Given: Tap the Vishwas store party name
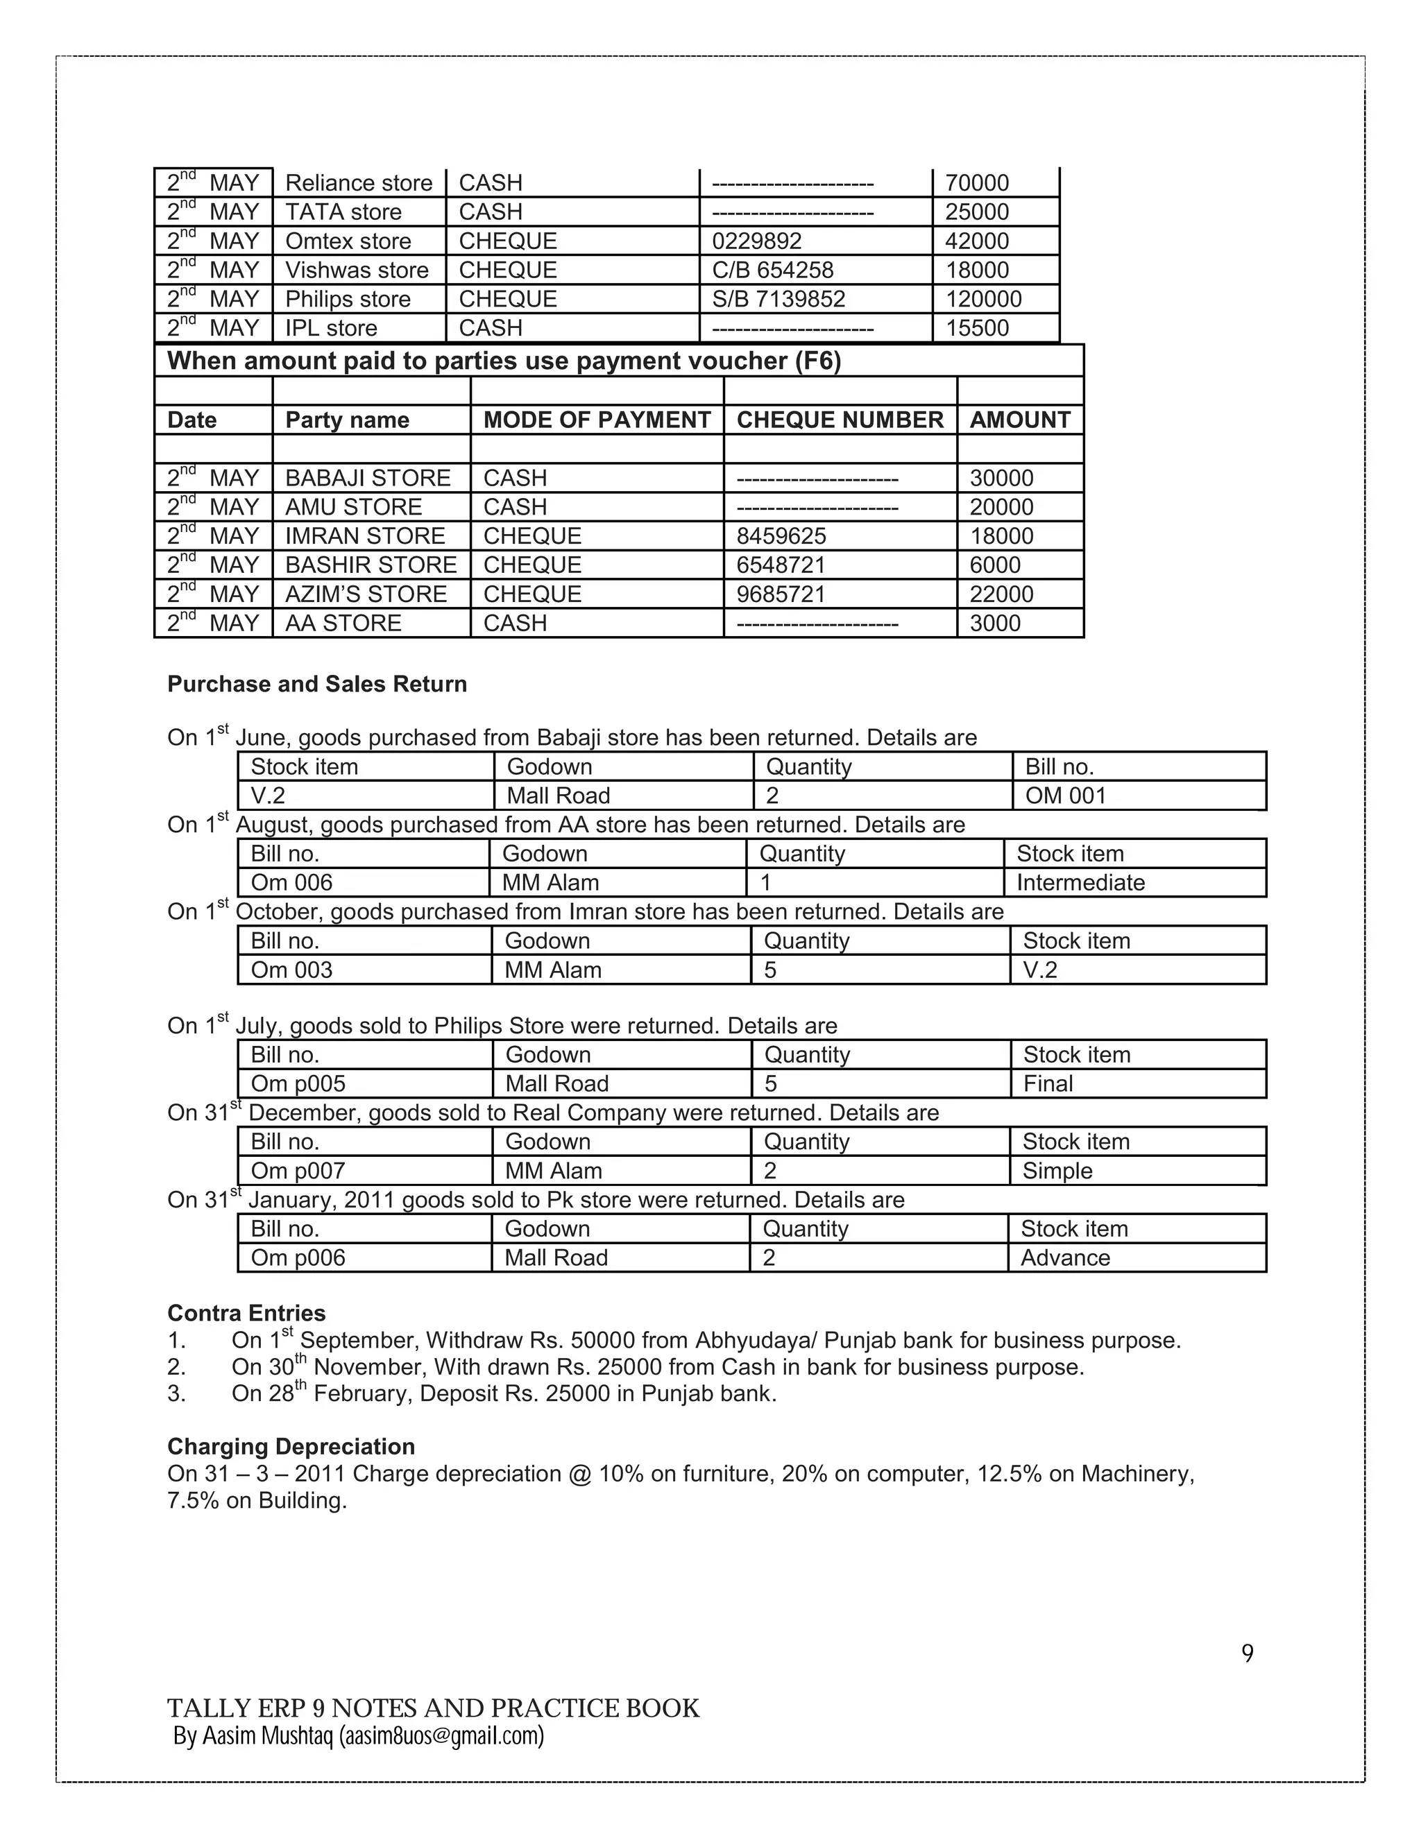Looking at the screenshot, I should (x=356, y=270).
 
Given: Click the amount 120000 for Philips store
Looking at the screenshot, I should (x=982, y=299).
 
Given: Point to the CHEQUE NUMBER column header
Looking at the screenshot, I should (x=840, y=420).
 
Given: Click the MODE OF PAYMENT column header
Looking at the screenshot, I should (x=596, y=420).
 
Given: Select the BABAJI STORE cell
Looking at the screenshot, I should (x=368, y=478).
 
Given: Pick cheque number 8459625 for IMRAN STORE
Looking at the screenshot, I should (x=781, y=536).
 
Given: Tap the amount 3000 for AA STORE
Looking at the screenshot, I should (x=994, y=624).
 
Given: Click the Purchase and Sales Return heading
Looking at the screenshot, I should (x=316, y=684).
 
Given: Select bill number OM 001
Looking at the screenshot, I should (x=1065, y=796).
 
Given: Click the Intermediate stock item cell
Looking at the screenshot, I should (x=1080, y=883).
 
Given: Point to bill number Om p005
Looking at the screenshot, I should (x=298, y=1084).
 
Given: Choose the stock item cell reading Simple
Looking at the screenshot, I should (x=1057, y=1171).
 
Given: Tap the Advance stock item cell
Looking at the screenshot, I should (x=1065, y=1258).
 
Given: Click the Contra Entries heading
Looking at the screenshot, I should (x=246, y=1313).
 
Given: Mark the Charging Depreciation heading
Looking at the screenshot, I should (x=291, y=1447).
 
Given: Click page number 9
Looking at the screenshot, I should (x=1247, y=1654).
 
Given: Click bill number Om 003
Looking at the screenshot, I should (x=291, y=970).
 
